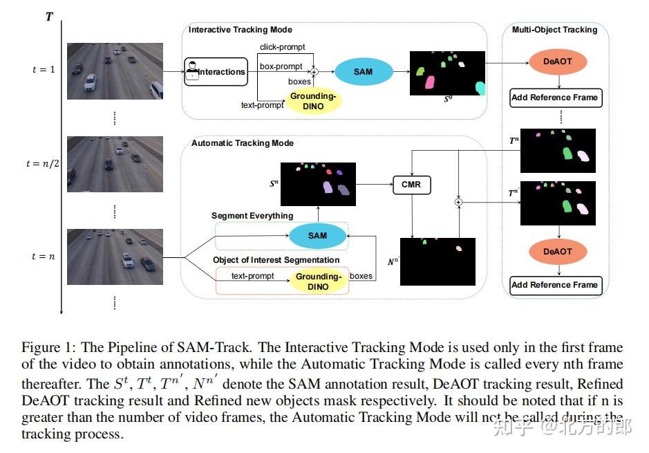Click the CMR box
412,185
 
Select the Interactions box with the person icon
216,72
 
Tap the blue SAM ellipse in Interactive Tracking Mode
364,72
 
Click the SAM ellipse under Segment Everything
317,236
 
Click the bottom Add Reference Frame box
555,284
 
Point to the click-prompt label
282,47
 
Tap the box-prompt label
281,66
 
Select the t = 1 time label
43,70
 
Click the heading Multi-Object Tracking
554,30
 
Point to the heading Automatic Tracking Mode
242,143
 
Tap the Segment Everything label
252,216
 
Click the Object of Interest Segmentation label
276,260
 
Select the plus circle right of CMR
458,202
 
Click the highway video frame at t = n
115,257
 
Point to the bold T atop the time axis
49,16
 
